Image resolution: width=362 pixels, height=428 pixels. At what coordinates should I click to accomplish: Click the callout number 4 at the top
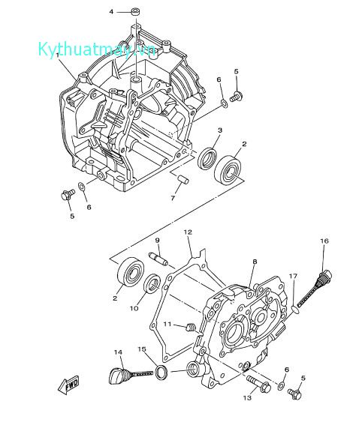click(x=111, y=12)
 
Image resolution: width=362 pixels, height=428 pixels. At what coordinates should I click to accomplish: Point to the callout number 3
click(x=220, y=130)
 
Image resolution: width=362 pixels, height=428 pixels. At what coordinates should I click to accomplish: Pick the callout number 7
click(x=173, y=199)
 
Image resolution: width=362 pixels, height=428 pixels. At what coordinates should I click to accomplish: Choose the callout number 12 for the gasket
click(x=189, y=232)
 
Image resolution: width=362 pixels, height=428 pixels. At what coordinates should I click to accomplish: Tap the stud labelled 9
click(x=160, y=257)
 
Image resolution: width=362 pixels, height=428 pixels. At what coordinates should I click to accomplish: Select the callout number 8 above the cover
click(x=255, y=262)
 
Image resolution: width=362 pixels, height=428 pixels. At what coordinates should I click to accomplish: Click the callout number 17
click(x=294, y=276)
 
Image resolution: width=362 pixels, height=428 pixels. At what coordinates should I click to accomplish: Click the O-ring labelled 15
click(x=161, y=373)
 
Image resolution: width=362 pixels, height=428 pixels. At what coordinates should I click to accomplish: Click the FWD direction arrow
click(x=69, y=385)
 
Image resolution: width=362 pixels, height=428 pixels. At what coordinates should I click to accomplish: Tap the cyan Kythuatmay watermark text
click(x=98, y=49)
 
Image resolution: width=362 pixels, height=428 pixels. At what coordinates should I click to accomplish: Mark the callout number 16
click(x=324, y=241)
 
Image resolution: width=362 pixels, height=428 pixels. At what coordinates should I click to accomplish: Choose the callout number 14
click(x=118, y=352)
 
